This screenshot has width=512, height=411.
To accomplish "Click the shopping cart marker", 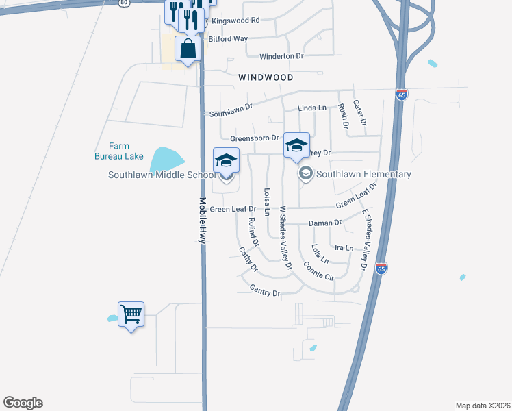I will (131, 314).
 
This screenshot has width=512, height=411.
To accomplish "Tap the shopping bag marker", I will (188, 49).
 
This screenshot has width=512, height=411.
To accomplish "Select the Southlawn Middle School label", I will (162, 175).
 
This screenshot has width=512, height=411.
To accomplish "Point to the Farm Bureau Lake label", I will (118, 151).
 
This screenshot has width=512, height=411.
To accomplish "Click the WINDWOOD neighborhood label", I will (266, 78).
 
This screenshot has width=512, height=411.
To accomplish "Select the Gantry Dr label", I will (265, 292).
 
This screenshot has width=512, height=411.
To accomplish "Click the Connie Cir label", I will (318, 271).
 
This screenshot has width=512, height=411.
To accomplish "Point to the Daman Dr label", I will (324, 223).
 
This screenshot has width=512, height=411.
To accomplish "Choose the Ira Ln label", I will (343, 247).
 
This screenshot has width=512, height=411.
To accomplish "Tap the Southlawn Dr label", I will (231, 110).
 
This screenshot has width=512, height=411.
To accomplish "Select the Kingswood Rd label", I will (235, 21).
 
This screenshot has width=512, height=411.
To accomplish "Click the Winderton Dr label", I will (281, 55).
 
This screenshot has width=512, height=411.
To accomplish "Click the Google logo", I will (23, 403).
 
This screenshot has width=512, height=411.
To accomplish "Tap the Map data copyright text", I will (483, 406).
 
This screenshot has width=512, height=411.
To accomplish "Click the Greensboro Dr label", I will (254, 138).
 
